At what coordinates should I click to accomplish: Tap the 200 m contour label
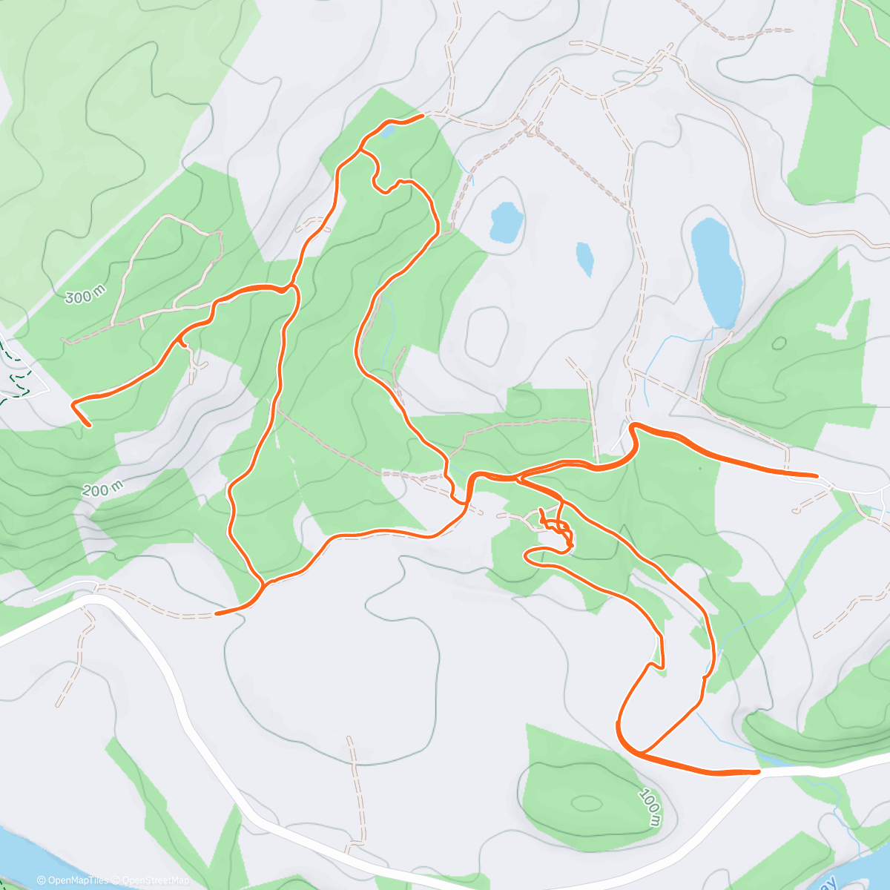tap(103, 489)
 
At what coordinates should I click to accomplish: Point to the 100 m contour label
tap(650, 806)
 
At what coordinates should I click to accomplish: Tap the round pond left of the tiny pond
tap(506, 221)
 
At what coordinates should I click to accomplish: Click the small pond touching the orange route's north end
tap(387, 132)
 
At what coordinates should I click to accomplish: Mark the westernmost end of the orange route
tap(73, 404)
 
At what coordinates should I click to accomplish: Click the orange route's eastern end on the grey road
tap(816, 474)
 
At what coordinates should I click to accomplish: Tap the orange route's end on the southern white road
tap(758, 772)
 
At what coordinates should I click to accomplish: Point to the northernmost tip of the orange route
tap(421, 116)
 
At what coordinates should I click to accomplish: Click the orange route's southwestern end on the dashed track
tap(217, 613)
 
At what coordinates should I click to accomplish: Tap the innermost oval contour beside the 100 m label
tap(587, 803)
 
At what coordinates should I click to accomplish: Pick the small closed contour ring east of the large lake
tap(779, 343)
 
